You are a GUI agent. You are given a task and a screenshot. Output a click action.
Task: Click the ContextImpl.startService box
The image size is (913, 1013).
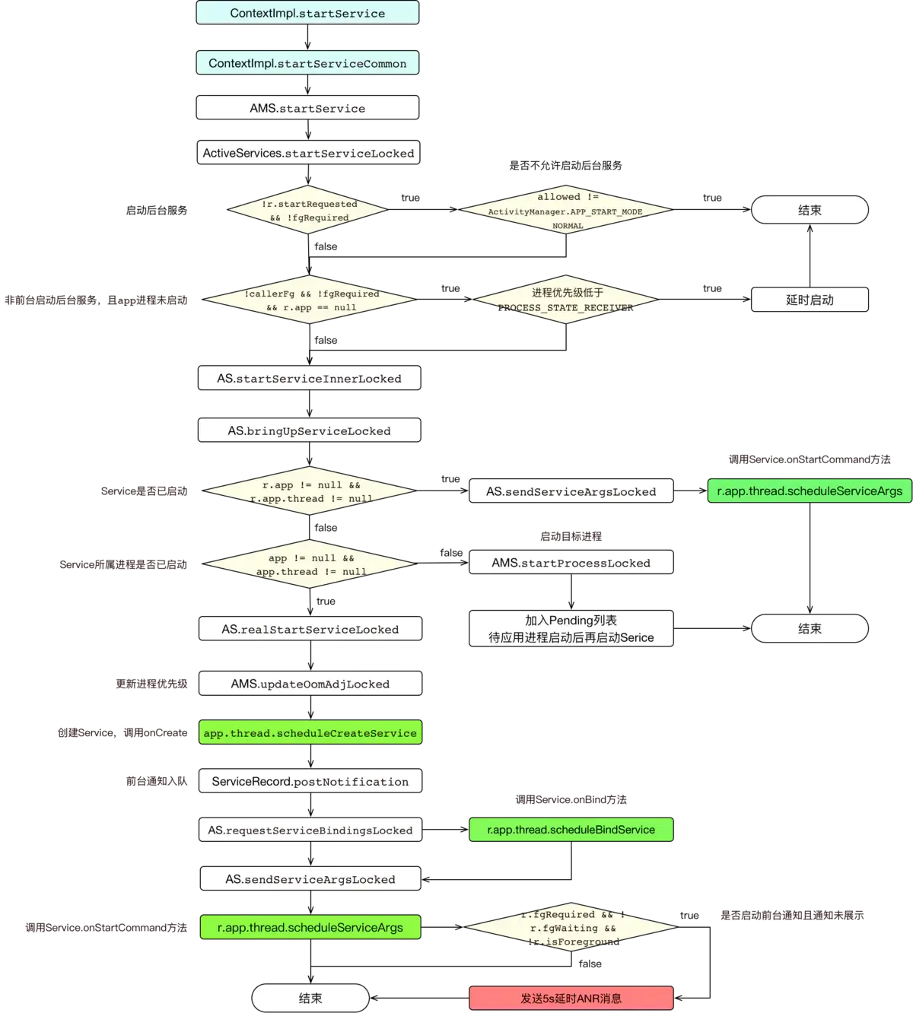tap(307, 13)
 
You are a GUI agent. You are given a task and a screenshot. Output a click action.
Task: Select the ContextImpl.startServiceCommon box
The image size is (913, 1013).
tap(307, 63)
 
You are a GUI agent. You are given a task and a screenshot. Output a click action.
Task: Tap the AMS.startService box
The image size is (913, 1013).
tap(307, 108)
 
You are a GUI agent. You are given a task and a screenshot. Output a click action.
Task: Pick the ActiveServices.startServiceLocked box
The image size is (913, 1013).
tap(308, 153)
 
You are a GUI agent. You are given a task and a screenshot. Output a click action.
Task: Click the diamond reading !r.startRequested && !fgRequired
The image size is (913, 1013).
tap(308, 211)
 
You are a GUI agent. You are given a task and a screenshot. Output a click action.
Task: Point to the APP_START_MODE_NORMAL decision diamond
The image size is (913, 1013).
tap(566, 211)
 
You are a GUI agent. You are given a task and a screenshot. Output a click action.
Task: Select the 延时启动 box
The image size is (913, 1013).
tap(810, 300)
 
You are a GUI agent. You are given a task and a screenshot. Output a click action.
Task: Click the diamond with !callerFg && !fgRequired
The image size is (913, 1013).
tap(310, 300)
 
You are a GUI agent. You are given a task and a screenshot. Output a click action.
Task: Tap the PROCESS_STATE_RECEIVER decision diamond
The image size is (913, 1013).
tap(566, 300)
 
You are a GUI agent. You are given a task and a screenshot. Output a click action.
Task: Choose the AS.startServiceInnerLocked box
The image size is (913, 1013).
tap(309, 379)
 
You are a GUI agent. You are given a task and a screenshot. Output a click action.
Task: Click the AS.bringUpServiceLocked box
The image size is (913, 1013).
tap(309, 430)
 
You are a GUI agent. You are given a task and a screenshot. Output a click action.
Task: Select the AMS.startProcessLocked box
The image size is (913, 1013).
tap(571, 563)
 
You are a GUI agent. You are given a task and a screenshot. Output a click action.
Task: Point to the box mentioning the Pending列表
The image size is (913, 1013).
tap(571, 629)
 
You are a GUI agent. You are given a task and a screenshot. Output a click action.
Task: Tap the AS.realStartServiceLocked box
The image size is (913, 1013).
tap(310, 629)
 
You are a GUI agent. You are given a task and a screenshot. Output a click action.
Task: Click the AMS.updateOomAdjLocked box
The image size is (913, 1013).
tap(310, 684)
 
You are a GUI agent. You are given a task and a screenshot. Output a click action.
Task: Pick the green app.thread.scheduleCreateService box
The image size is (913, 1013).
tap(310, 733)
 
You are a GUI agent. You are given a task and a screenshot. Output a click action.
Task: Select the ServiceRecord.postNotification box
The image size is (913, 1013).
tap(310, 781)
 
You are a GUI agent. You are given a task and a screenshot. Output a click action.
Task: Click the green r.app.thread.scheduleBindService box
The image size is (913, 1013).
tap(571, 830)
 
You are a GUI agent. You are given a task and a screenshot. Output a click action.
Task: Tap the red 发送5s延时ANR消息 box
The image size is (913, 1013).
tap(571, 999)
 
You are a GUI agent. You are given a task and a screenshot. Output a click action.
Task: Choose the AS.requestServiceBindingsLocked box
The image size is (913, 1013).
tap(310, 830)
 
